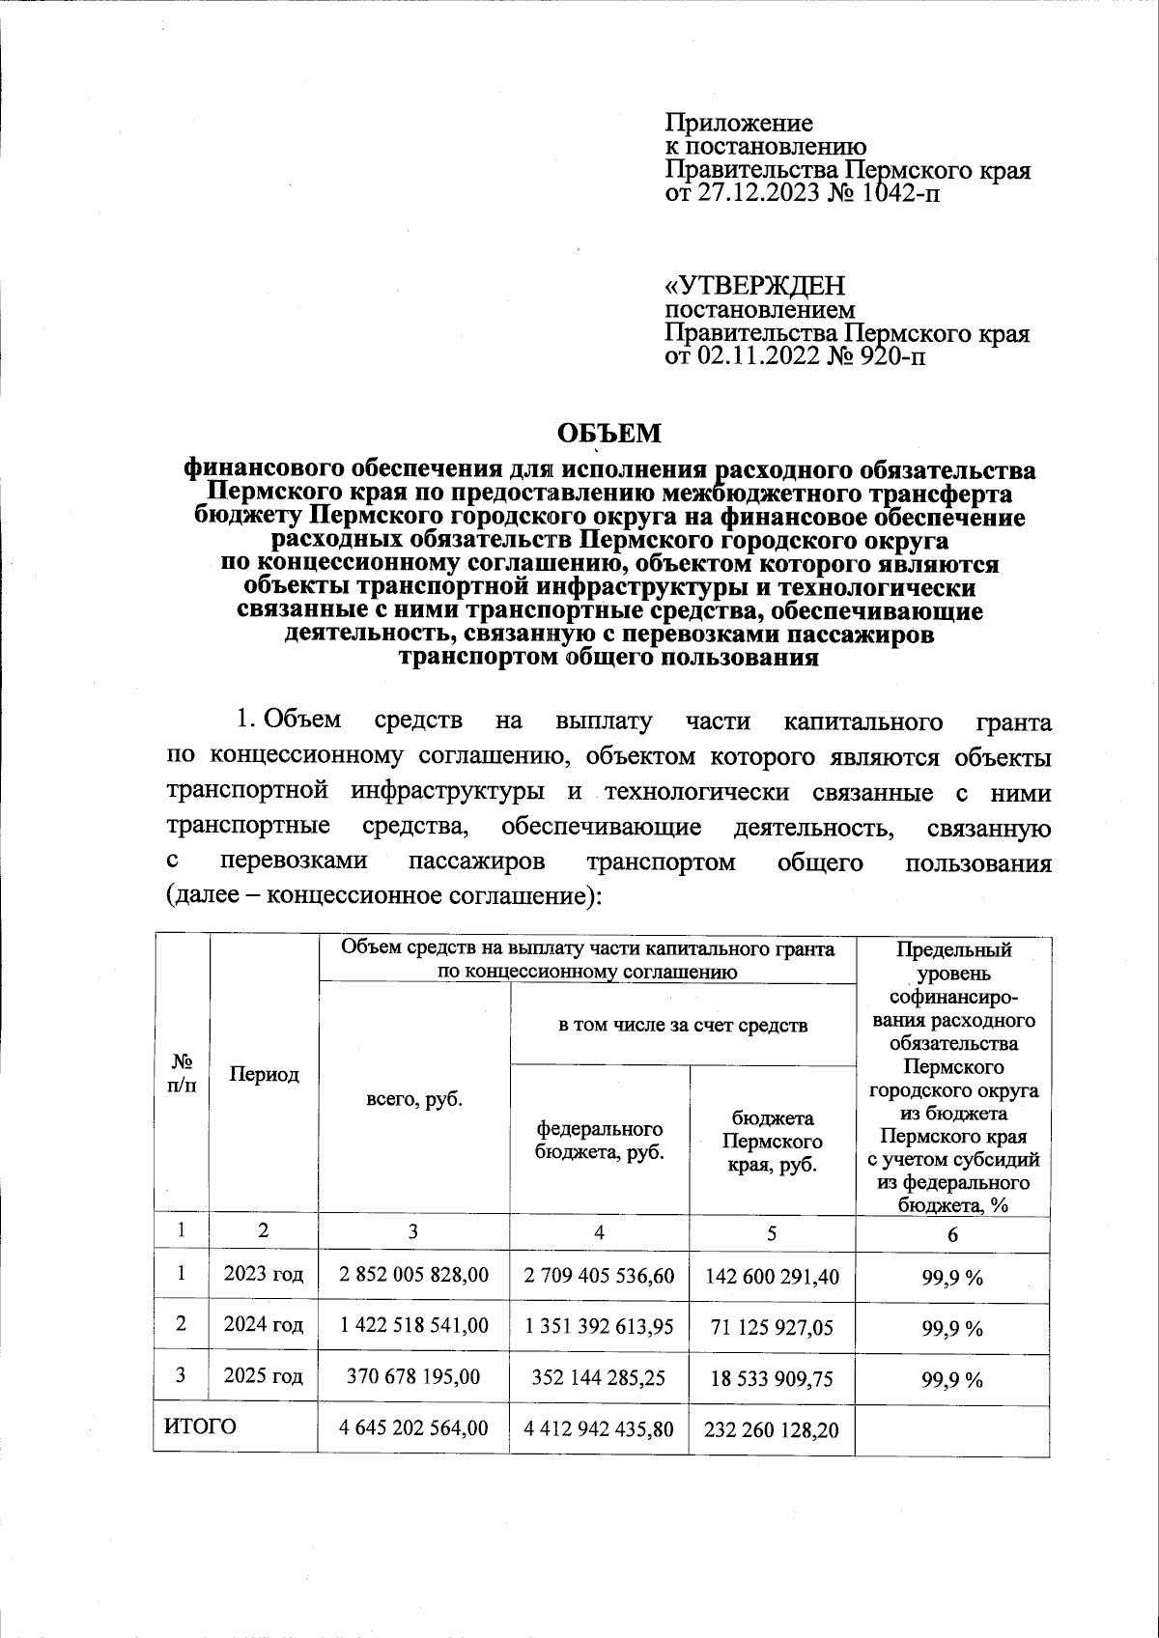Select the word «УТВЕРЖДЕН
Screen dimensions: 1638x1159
[755, 287]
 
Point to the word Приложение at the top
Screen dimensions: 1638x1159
[739, 124]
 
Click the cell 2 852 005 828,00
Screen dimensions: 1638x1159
[413, 1275]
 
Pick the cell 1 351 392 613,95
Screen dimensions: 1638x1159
[599, 1327]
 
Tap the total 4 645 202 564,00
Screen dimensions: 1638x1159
[413, 1427]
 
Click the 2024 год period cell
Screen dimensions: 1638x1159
[264, 1325]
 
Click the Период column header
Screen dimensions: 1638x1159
[264, 1074]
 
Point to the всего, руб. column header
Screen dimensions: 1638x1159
[413, 1099]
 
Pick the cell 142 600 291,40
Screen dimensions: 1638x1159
[772, 1276]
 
